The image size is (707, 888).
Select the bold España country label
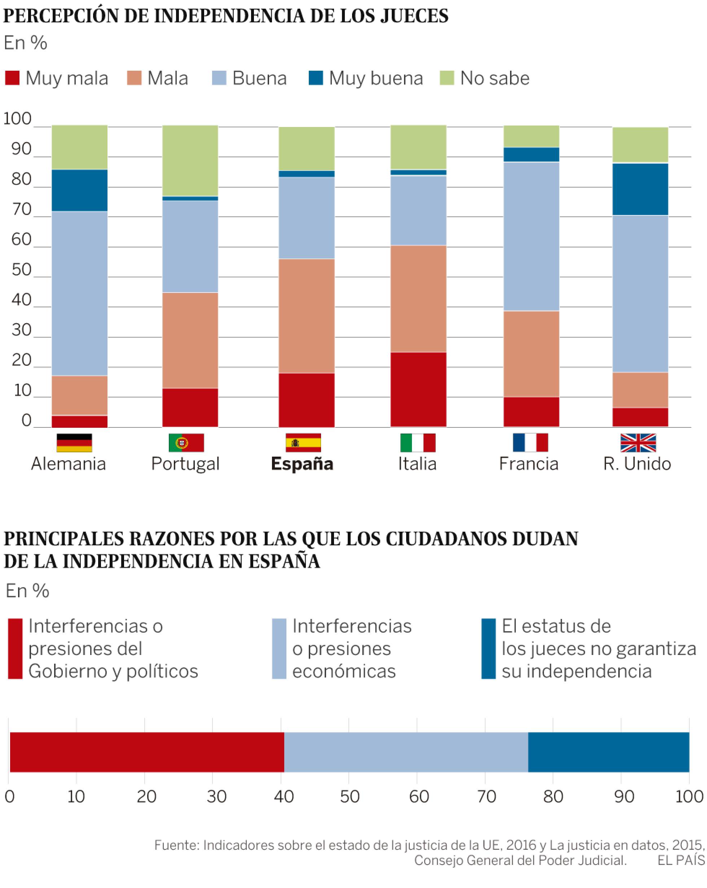click(302, 464)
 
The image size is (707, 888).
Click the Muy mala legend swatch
click(12, 78)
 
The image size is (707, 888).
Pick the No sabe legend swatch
click(447, 78)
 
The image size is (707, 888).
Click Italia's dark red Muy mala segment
click(418, 389)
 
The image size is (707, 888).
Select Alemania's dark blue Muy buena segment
click(79, 190)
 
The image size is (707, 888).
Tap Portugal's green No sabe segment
click(190, 161)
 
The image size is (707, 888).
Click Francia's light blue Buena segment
click(531, 236)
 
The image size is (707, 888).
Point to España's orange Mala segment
click(307, 316)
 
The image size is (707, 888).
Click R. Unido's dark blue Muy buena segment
click(640, 189)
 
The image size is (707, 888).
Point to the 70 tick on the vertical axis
click(21, 210)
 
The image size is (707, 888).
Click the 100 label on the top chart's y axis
click(17, 119)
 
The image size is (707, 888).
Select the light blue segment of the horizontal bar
click(406, 752)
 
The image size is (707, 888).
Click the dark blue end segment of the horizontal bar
click(608, 752)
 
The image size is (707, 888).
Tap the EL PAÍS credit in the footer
click(681, 860)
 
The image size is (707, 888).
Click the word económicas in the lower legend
click(344, 671)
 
